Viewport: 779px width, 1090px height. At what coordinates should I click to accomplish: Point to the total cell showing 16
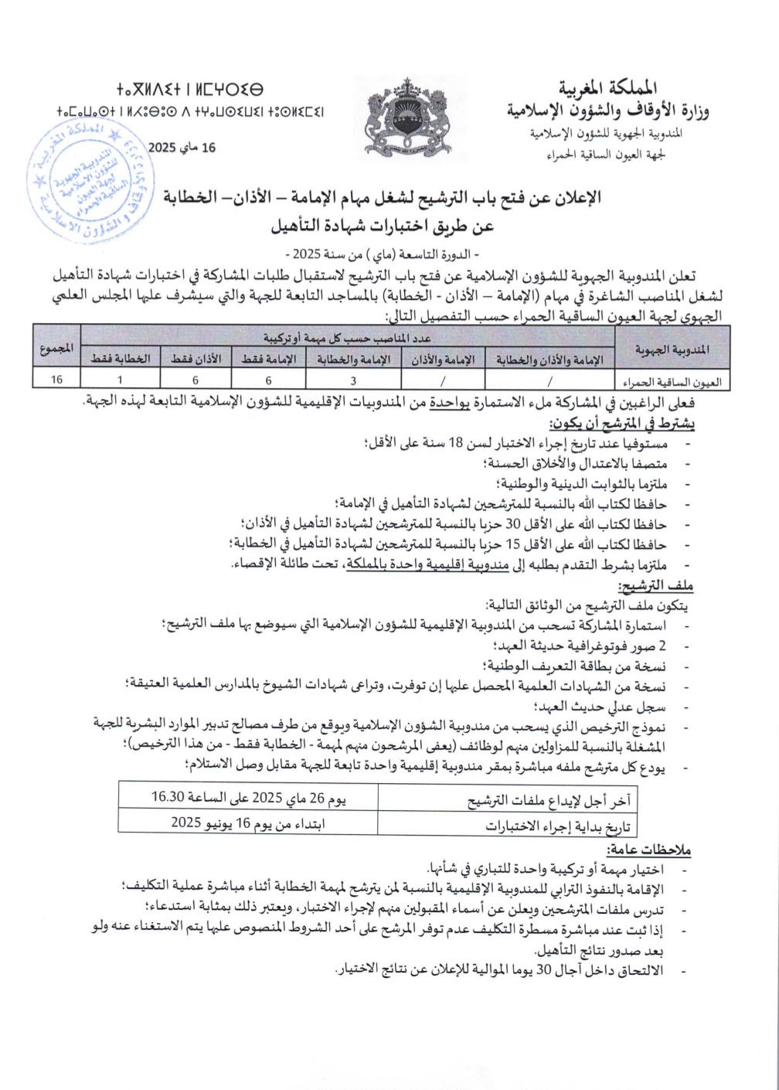[x=56, y=379]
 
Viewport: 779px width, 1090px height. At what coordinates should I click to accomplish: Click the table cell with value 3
[x=353, y=379]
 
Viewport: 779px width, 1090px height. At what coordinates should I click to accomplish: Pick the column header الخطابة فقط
[x=120, y=359]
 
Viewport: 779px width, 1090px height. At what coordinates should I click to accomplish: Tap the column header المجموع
[x=56, y=349]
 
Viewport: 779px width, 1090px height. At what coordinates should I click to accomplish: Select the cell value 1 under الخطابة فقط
[x=120, y=379]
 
